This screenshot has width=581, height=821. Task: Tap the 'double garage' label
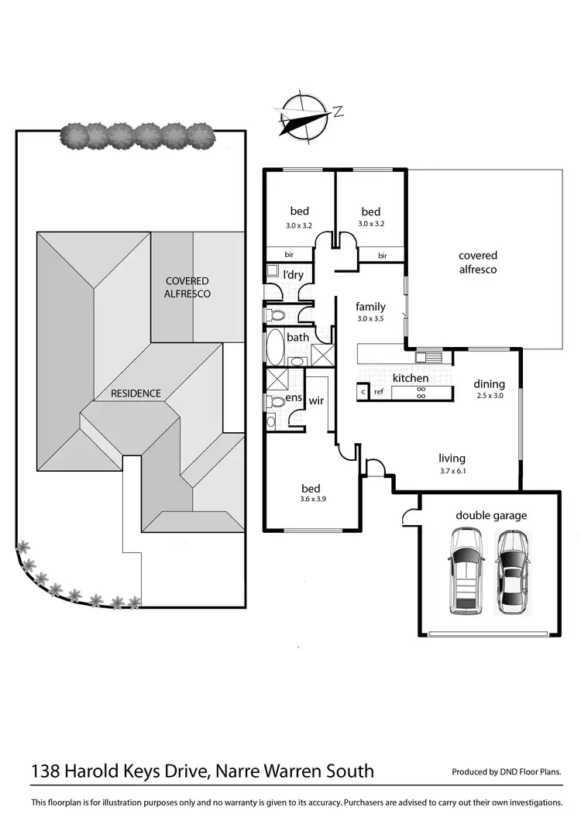pos(490,515)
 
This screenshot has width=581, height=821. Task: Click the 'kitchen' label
pos(410,378)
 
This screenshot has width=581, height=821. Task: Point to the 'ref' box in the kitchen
pos(379,393)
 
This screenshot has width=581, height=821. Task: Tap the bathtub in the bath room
pos(274,348)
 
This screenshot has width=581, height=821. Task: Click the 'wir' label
pos(316,401)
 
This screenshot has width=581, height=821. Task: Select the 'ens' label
pos(294,397)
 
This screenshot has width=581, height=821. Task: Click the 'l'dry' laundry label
pos(292,275)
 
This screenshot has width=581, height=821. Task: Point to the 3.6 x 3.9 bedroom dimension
pos(311,500)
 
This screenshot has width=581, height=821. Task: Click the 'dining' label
pos(489,384)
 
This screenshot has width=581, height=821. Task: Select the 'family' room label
pos(370,307)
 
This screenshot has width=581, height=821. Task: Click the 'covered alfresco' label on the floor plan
pos(477,263)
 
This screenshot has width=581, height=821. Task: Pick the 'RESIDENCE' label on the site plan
pos(136,393)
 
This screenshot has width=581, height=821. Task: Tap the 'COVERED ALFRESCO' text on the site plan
pos(187,287)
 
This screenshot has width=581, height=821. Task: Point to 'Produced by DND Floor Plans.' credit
pos(506,772)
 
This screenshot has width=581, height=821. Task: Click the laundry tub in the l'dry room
pos(272,270)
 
